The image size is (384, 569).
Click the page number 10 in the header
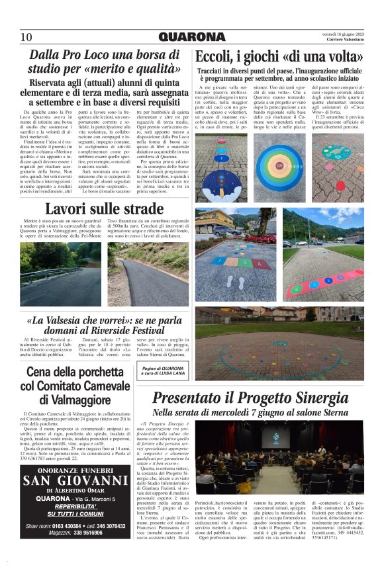click(26, 36)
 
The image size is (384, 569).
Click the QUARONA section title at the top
click(192, 36)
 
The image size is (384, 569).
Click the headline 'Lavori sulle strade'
click(95, 210)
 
